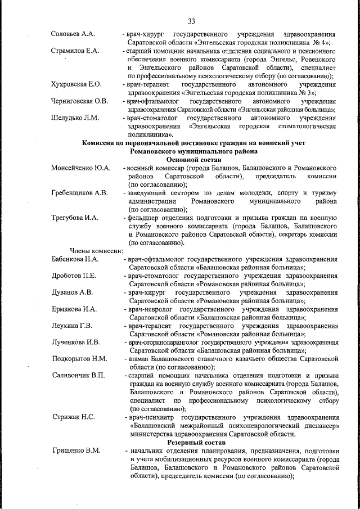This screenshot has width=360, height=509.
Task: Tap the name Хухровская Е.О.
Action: [x=76, y=84]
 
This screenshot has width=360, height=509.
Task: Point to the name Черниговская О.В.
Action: [x=79, y=101]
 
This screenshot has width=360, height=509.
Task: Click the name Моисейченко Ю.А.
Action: [x=80, y=168]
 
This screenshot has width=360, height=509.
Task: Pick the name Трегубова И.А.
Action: [x=74, y=218]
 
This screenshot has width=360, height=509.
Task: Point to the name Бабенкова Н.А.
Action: [x=75, y=259]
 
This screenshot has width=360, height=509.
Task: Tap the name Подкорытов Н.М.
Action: [x=79, y=358]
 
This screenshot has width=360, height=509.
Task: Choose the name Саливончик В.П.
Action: [x=78, y=375]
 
